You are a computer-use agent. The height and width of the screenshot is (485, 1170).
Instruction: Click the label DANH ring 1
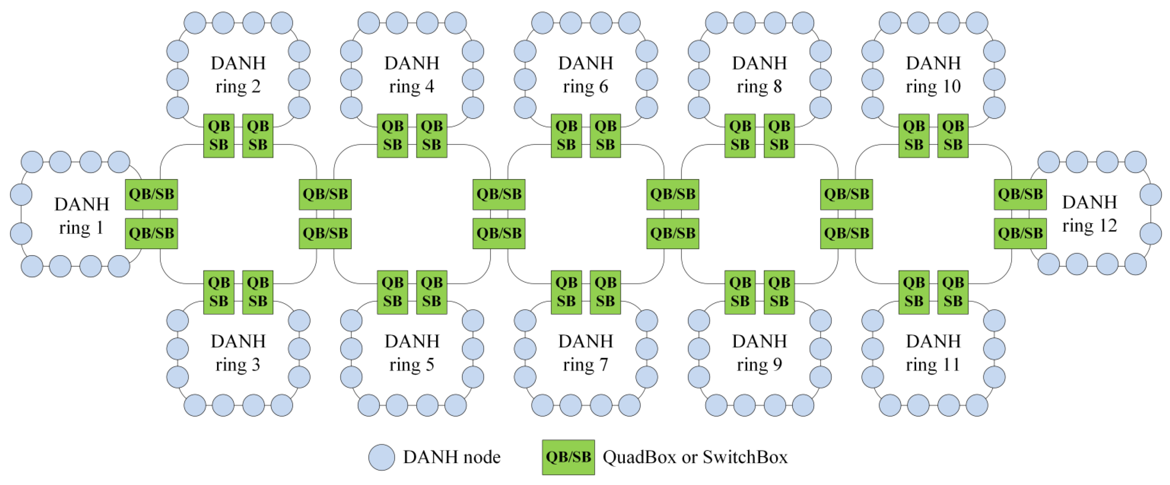(x=82, y=216)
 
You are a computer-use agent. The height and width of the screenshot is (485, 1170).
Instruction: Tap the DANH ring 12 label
(x=1089, y=214)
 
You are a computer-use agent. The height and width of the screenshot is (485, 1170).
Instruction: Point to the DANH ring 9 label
(x=759, y=352)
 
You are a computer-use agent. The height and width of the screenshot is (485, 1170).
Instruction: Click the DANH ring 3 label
(x=238, y=352)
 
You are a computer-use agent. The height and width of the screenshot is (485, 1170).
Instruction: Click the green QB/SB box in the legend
(x=568, y=457)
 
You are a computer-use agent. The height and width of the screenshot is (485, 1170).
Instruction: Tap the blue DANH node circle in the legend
(x=381, y=457)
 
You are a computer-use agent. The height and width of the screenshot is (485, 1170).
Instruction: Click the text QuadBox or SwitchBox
(x=695, y=457)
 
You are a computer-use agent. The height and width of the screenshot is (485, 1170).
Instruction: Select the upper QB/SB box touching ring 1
(x=151, y=194)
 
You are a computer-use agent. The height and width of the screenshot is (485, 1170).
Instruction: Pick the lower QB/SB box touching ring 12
(x=1020, y=234)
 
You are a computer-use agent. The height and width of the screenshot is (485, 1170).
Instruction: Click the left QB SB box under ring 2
(x=219, y=135)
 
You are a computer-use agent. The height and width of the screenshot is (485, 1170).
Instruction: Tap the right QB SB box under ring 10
(x=952, y=135)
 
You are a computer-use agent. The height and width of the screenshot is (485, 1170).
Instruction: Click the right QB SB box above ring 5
(x=431, y=292)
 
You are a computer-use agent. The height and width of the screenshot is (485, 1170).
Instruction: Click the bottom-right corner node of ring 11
(x=977, y=405)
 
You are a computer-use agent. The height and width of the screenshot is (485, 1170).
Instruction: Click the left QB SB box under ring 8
(x=740, y=135)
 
